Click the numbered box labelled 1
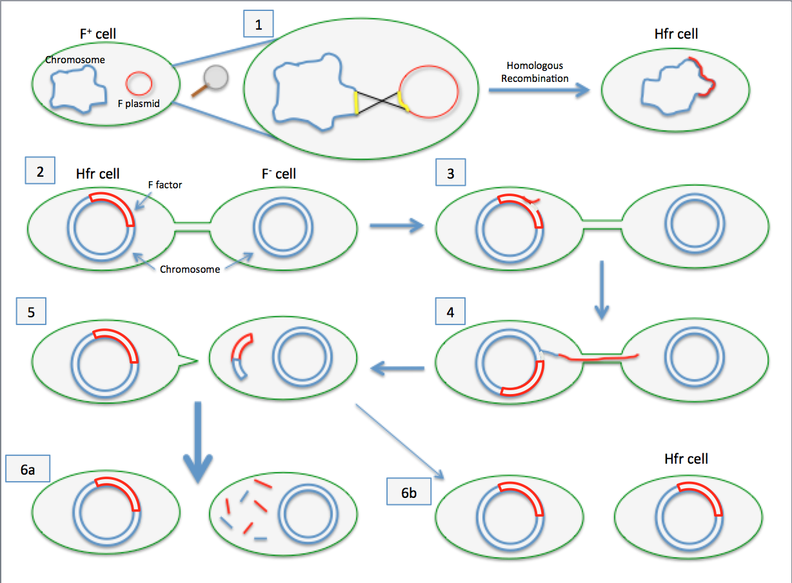pyautogui.click(x=259, y=26)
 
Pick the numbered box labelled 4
pyautogui.click(x=450, y=312)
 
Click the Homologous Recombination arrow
pyautogui.click(x=539, y=91)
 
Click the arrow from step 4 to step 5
pyautogui.click(x=396, y=368)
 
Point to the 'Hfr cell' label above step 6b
pyautogui.click(x=686, y=459)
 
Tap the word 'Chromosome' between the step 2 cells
pyautogui.click(x=190, y=269)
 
